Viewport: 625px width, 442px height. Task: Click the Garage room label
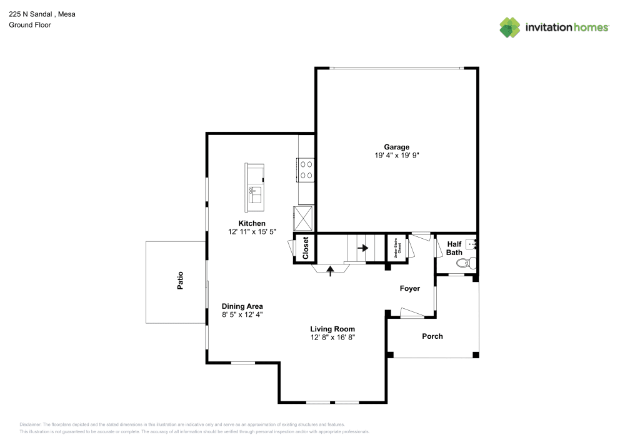click(396, 147)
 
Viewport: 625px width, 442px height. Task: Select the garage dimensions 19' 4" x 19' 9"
click(396, 156)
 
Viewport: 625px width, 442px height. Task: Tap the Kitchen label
click(252, 223)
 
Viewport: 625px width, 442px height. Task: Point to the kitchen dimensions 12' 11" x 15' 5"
click(252, 231)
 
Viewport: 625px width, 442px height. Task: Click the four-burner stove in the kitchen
click(306, 169)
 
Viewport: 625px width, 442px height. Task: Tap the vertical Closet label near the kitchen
click(306, 248)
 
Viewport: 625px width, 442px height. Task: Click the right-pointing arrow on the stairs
click(362, 248)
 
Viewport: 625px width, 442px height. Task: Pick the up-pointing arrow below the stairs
click(331, 269)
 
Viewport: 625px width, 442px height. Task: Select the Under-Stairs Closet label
click(396, 248)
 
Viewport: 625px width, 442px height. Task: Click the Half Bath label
click(454, 248)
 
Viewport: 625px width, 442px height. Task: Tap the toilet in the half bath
click(473, 263)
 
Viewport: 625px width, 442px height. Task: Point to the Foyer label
click(410, 288)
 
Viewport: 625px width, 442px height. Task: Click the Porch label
click(432, 336)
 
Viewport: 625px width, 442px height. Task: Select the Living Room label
click(332, 329)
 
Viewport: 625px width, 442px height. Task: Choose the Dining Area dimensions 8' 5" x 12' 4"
click(242, 314)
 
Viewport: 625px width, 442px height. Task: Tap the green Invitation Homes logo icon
click(509, 27)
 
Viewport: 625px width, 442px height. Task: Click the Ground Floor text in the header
click(30, 25)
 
